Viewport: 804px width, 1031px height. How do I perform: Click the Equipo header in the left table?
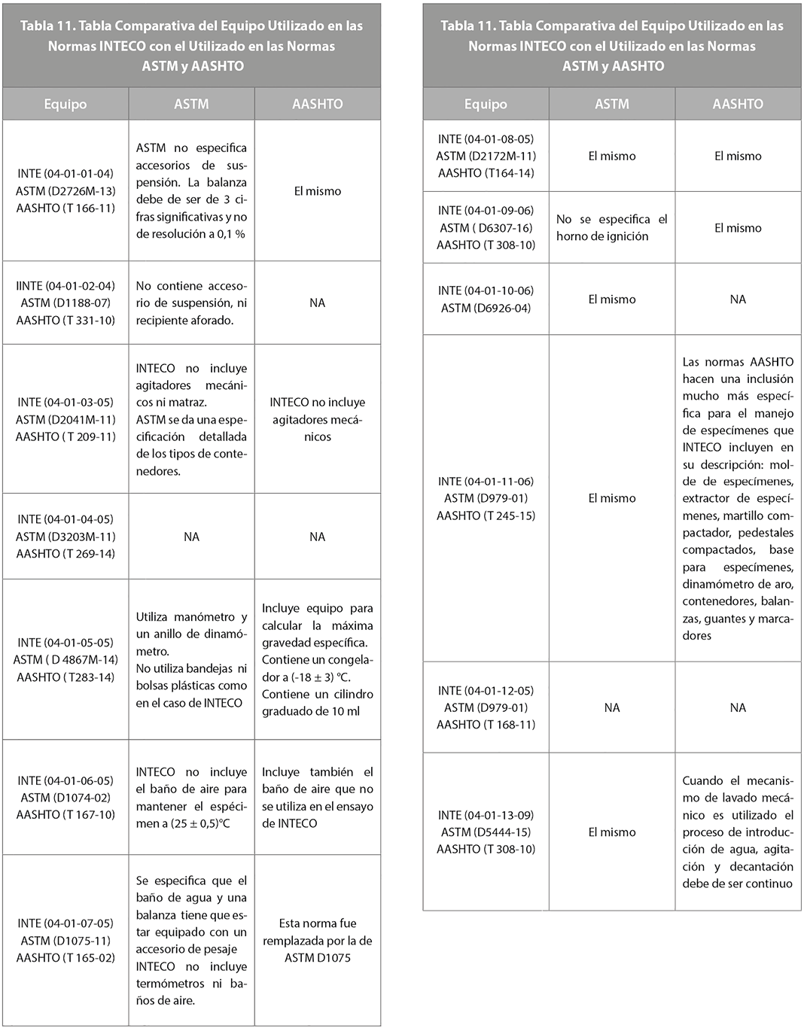click(x=65, y=104)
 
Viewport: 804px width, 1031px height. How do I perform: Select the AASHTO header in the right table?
click(x=738, y=104)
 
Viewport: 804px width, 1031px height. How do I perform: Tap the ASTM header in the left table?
click(x=191, y=104)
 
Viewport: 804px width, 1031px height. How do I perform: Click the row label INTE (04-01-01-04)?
click(x=65, y=173)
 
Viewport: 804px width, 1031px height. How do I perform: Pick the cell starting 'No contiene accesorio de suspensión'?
click(x=191, y=303)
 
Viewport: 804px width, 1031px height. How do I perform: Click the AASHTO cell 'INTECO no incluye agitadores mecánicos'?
click(x=317, y=419)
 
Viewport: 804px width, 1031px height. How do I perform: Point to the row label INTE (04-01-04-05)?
click(x=65, y=519)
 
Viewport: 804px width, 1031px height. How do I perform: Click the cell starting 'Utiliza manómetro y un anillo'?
click(x=191, y=659)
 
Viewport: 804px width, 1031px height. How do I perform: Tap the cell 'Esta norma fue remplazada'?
click(x=317, y=940)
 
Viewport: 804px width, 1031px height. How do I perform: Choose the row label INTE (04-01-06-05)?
click(x=65, y=780)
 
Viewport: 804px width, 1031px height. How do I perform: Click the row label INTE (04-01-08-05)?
click(x=486, y=139)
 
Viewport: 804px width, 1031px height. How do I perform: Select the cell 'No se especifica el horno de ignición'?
click(x=611, y=227)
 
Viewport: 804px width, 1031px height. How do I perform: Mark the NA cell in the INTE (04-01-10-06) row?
click(x=738, y=300)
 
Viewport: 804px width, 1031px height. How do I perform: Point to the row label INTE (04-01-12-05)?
click(x=486, y=690)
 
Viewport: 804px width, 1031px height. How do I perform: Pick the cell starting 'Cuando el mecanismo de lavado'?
click(x=738, y=832)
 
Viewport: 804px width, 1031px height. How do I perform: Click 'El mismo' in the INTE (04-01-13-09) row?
click(x=611, y=832)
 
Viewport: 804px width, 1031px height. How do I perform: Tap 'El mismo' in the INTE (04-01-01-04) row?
click(x=317, y=191)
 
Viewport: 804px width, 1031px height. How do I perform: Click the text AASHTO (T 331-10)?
click(x=65, y=320)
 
